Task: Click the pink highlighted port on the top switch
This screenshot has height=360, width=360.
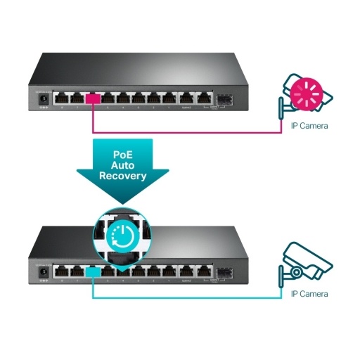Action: coord(93,98)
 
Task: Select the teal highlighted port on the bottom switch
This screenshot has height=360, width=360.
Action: coord(93,270)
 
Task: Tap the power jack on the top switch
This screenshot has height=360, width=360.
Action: coord(43,99)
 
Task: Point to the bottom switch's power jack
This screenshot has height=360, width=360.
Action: coord(43,271)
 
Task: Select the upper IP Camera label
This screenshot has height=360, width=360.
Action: coord(309,126)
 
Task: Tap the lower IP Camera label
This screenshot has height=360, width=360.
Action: coord(309,293)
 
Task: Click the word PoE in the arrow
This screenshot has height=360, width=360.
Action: coord(123,153)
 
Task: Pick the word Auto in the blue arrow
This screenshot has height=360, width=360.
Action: coord(123,165)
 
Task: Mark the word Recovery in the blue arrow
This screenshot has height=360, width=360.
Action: coord(123,176)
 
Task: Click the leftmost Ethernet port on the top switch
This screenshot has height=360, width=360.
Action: coord(62,98)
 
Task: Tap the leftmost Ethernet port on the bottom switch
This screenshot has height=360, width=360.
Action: coord(62,270)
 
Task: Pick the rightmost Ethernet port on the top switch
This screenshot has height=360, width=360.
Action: coord(203,98)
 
